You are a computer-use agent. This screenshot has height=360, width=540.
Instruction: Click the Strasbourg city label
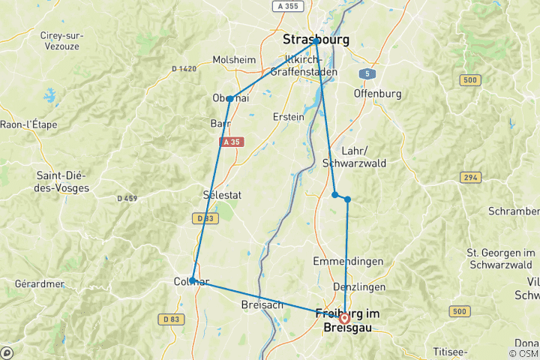tap(315, 39)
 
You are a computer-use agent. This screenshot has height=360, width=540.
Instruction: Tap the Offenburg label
tap(377, 94)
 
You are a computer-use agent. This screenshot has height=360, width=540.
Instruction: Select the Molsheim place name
tap(235, 60)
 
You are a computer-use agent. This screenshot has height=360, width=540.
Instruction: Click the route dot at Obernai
tap(229, 99)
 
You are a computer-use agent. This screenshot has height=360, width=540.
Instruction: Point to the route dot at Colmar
tap(193, 280)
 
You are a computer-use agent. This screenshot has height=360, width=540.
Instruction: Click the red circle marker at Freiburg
tap(344, 317)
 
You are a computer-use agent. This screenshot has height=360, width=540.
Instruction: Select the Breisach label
tap(261, 305)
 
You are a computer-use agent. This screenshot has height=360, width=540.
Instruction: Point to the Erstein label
tap(289, 117)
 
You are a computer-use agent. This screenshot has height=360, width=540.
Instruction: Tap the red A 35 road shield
tap(231, 142)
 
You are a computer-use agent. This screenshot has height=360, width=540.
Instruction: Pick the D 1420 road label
tap(183, 69)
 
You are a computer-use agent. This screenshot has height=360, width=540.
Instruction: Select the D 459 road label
tap(129, 199)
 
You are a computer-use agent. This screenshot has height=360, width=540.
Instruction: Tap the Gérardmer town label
tap(39, 284)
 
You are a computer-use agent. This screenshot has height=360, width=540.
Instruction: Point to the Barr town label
tap(220, 124)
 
